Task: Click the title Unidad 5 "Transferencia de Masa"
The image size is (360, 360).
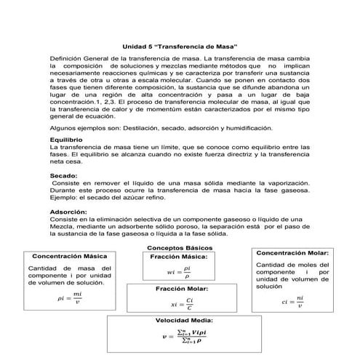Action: (180, 46)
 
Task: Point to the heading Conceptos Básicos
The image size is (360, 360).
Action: (180, 248)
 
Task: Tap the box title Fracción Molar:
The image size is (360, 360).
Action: (179, 289)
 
